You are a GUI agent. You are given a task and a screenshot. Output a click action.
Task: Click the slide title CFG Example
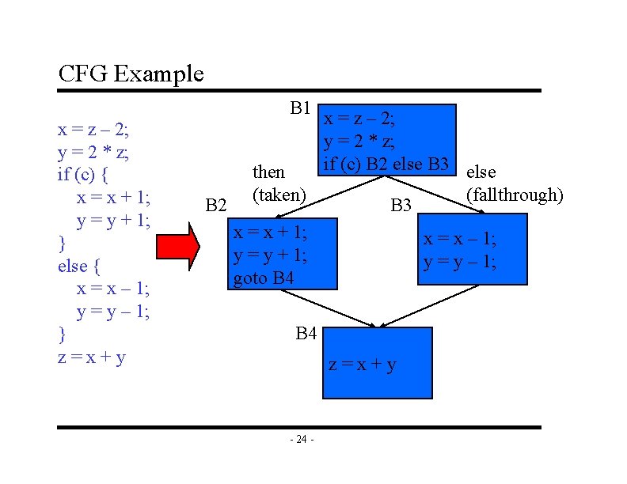point(131,74)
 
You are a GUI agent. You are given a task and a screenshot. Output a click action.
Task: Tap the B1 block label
point(299,107)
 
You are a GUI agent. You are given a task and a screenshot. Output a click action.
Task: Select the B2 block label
point(215,206)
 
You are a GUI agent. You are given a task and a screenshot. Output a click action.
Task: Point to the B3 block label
point(401,206)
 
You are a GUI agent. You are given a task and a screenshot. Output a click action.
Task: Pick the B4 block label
point(306,334)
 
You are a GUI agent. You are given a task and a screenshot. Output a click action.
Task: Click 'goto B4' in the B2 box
point(263,278)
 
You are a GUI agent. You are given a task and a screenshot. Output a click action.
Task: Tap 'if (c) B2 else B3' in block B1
point(386,164)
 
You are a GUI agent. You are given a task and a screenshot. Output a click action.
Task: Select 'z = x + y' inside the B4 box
point(363,365)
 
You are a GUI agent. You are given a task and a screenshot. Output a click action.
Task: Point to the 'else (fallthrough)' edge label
point(515,183)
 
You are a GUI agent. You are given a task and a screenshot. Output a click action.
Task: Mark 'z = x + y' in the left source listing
point(92,357)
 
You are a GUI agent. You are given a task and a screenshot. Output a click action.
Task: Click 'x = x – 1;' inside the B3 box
point(460,240)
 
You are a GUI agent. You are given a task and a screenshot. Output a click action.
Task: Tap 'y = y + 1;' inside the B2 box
point(270,255)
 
